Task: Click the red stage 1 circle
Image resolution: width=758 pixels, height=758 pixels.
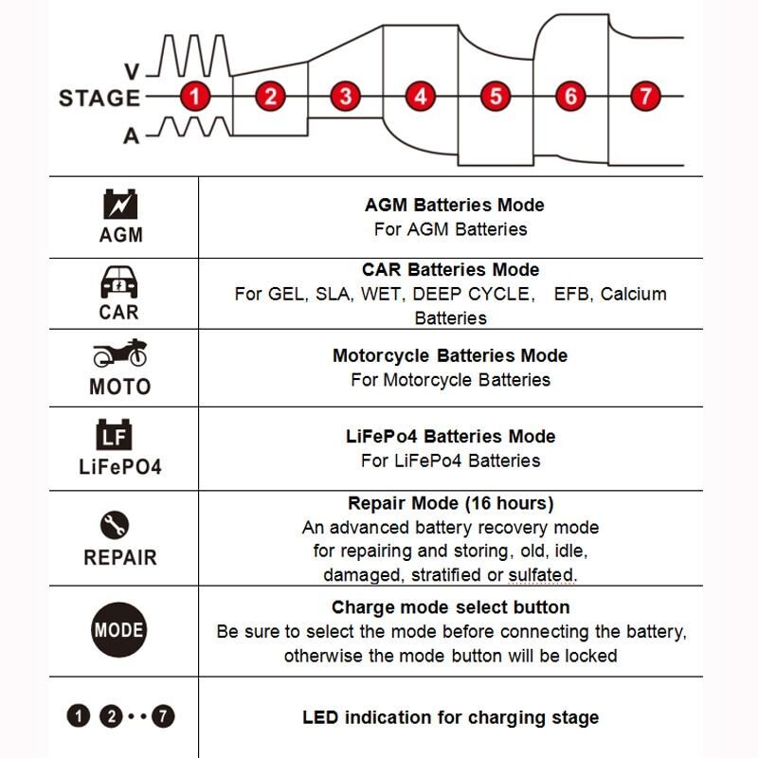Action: pyautogui.click(x=195, y=97)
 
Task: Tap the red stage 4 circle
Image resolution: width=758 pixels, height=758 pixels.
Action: pyautogui.click(x=420, y=97)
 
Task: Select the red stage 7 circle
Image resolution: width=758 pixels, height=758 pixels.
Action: pyautogui.click(x=645, y=97)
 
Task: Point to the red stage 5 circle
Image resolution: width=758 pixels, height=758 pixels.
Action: pyautogui.click(x=496, y=97)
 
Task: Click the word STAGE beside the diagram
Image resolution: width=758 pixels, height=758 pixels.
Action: pyautogui.click(x=99, y=99)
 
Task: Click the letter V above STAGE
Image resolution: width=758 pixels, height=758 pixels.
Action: pyautogui.click(x=132, y=72)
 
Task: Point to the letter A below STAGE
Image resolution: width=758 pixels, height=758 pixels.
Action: pyautogui.click(x=131, y=135)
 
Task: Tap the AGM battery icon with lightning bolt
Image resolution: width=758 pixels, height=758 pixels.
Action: pyautogui.click(x=120, y=204)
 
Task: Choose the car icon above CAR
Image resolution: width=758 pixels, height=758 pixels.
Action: pyautogui.click(x=119, y=281)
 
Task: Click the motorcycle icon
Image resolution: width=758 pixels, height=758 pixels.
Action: pyautogui.click(x=120, y=352)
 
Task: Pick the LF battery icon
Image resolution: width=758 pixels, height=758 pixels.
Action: pyautogui.click(x=114, y=434)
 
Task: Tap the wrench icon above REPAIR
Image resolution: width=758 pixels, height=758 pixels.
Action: pyautogui.click(x=115, y=525)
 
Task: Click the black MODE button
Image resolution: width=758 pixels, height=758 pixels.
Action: pyautogui.click(x=119, y=630)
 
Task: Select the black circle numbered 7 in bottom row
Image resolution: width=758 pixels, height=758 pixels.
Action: pyautogui.click(x=163, y=716)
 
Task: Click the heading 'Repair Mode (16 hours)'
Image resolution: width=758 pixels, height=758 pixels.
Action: pyautogui.click(x=451, y=503)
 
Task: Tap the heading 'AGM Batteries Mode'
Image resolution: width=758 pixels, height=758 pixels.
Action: pyautogui.click(x=455, y=205)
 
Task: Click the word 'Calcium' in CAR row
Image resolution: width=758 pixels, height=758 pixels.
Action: pyautogui.click(x=633, y=294)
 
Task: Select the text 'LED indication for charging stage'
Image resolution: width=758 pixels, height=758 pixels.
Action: pyautogui.click(x=451, y=717)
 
